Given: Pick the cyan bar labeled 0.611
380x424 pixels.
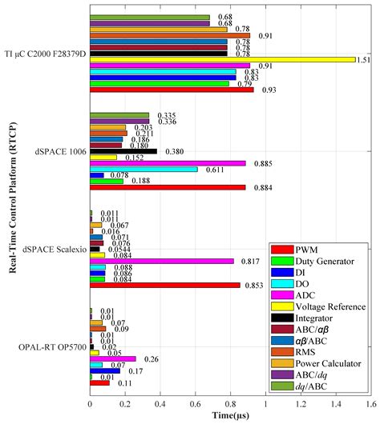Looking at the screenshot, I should tap(144, 170).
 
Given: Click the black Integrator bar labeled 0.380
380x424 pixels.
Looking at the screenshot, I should tap(123, 151).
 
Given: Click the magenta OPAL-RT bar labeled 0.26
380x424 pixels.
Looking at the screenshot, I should tap(113, 359).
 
